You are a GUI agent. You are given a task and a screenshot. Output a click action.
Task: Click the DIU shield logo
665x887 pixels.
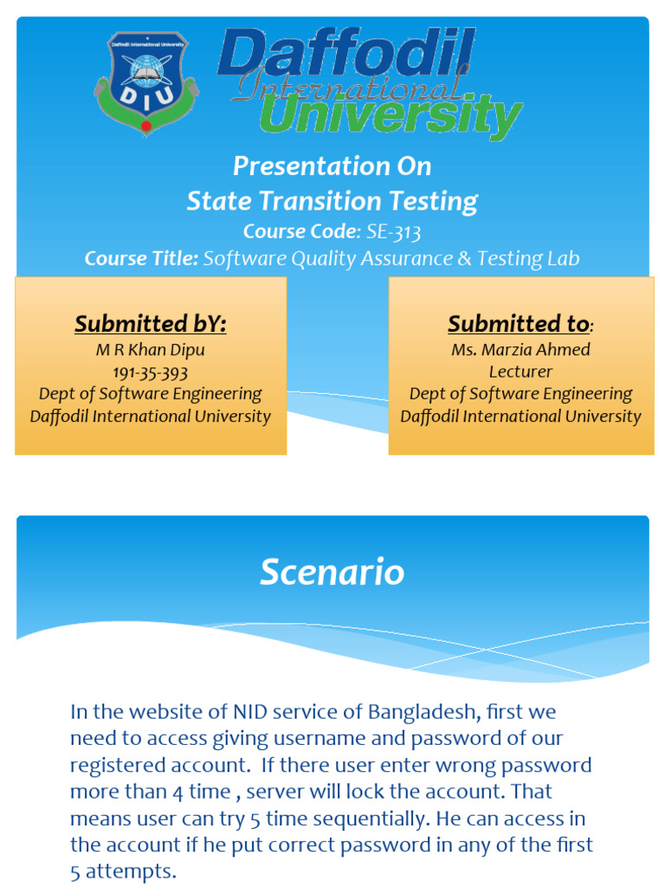click(x=145, y=81)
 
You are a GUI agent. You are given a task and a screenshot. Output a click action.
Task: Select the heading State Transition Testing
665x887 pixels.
click(x=332, y=201)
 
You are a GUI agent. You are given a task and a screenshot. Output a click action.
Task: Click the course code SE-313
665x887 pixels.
click(x=394, y=231)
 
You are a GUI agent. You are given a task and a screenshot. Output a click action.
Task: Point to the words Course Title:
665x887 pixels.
click(x=141, y=258)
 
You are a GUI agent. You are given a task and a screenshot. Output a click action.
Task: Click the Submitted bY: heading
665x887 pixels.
click(x=150, y=324)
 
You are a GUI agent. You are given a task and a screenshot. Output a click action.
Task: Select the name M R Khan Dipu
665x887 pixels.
click(x=150, y=350)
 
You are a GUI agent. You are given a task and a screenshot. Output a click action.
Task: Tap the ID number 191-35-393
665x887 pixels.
click(x=150, y=372)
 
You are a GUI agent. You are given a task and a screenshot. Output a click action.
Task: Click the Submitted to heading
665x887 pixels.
click(x=518, y=324)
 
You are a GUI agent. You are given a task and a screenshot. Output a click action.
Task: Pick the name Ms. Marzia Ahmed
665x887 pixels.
click(x=520, y=350)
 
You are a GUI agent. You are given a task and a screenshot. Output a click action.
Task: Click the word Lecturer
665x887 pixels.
click(x=520, y=372)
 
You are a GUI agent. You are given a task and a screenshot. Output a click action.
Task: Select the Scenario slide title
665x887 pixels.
click(x=332, y=573)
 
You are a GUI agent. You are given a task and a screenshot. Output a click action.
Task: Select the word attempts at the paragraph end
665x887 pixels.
click(x=130, y=871)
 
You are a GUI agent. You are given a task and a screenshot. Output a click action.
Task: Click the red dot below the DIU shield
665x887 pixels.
click(x=145, y=126)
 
